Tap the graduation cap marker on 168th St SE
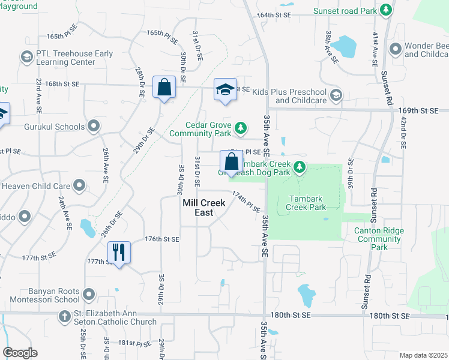click(x=225, y=90)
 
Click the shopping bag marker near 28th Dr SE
click(x=164, y=88)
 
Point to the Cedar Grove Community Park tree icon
click(x=240, y=127)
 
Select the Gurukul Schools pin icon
click(x=93, y=127)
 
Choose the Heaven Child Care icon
click(x=79, y=186)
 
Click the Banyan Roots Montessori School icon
click(x=89, y=294)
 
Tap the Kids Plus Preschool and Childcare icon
click(x=336, y=95)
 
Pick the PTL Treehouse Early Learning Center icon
click(x=26, y=57)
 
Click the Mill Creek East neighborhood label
click(x=204, y=208)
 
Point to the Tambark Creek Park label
click(x=307, y=203)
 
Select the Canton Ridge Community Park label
click(x=379, y=239)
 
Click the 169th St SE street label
click(x=418, y=110)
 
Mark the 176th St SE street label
click(x=162, y=239)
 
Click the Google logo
click(x=20, y=353)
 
